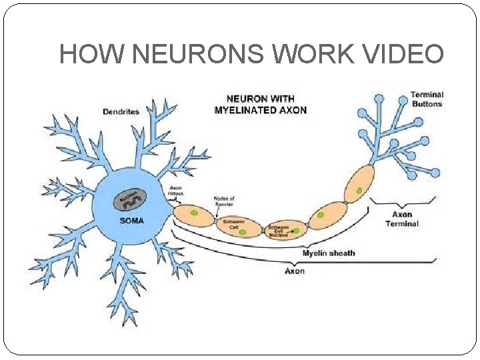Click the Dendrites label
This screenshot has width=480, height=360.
[x=121, y=111]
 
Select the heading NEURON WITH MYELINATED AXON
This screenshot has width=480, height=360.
[x=260, y=105]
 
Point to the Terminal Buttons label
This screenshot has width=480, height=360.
[x=426, y=99]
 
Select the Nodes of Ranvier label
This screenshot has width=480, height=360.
[x=224, y=201]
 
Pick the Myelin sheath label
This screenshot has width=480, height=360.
[x=329, y=253]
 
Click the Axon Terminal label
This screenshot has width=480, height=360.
[x=401, y=219]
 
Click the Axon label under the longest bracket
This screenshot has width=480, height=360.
[x=294, y=271]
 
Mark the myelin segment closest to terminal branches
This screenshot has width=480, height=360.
[x=359, y=183]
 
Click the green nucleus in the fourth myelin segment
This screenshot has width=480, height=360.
[x=321, y=215]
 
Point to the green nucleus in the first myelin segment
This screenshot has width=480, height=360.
[x=195, y=214]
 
